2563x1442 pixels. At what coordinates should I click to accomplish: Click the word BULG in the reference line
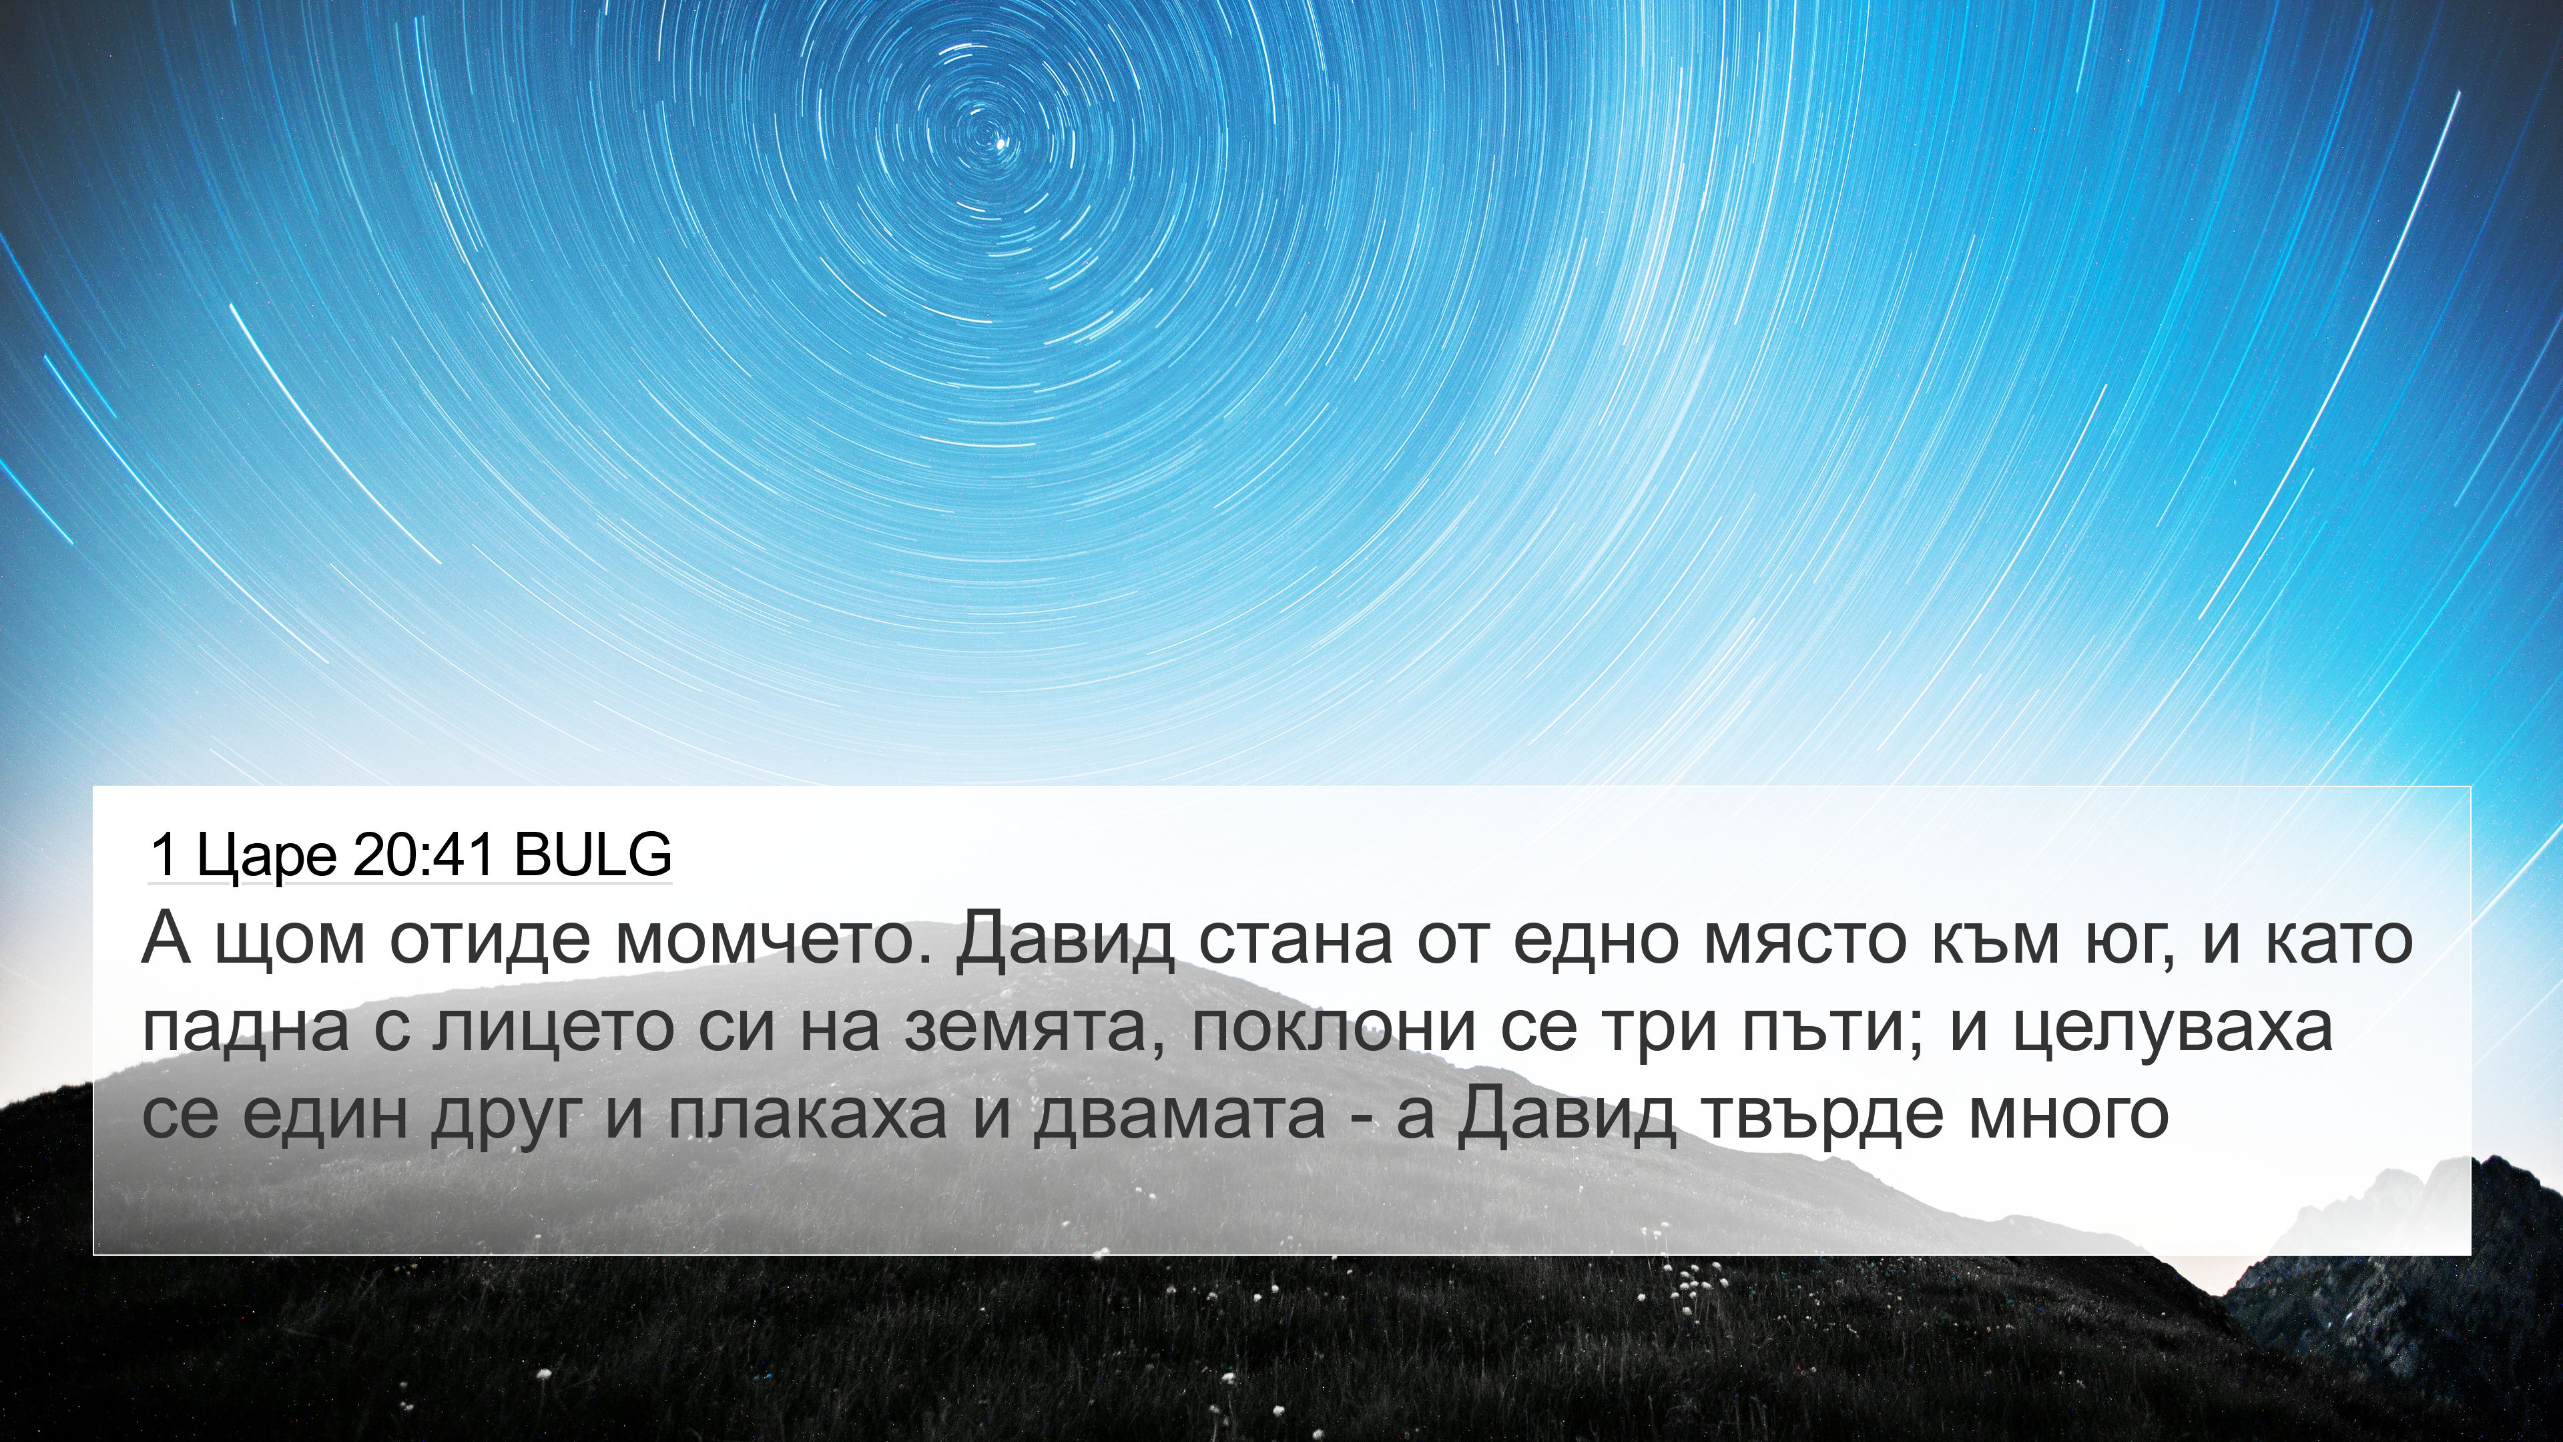click(x=593, y=854)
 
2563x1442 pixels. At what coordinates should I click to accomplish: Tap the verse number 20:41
click(x=423, y=854)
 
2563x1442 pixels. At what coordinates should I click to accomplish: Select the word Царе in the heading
click(x=267, y=856)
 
